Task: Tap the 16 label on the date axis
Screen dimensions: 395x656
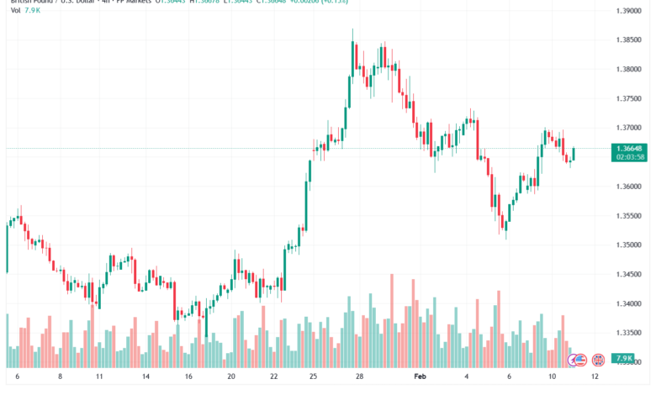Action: tap(188, 378)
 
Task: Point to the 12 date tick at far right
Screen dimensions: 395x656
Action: tap(595, 378)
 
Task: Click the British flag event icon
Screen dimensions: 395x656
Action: tap(599, 360)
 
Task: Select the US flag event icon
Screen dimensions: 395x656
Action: tap(579, 360)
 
